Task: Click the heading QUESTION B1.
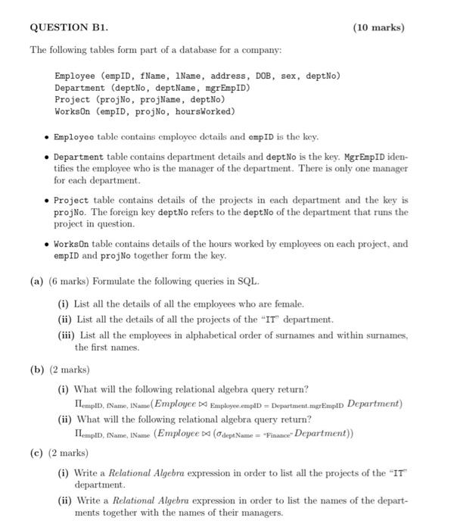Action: click(x=69, y=28)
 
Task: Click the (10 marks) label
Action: click(x=378, y=28)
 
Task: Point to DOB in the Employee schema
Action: click(x=260, y=76)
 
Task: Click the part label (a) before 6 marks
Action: click(x=36, y=282)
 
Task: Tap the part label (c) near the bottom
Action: click(x=36, y=453)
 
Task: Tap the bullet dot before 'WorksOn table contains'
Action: click(x=47, y=245)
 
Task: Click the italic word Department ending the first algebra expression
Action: click(x=374, y=404)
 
